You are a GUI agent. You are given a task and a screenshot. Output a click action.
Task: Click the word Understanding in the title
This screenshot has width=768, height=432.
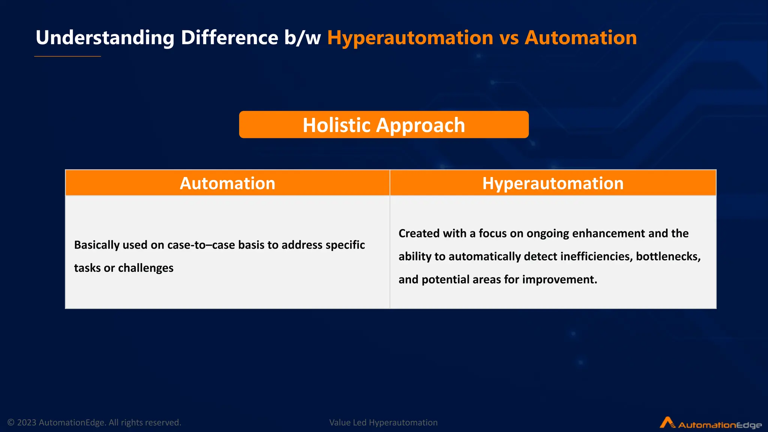105,38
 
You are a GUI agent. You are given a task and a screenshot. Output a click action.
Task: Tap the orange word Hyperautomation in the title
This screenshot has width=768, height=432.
410,38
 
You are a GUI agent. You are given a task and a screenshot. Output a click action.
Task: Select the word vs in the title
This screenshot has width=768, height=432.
509,38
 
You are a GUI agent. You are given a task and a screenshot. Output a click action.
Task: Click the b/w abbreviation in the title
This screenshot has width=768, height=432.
302,38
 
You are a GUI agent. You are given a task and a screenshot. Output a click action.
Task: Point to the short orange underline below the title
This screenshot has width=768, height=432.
67,56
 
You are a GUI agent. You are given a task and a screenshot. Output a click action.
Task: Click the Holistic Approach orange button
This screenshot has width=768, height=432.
384,124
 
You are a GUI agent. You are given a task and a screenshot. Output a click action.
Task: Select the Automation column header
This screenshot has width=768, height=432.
227,183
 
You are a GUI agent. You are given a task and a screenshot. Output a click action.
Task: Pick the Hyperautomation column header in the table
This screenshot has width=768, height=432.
553,183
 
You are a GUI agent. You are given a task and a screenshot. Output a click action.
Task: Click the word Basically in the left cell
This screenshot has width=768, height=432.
97,245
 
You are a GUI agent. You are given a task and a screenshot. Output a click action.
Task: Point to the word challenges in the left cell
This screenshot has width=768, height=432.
145,268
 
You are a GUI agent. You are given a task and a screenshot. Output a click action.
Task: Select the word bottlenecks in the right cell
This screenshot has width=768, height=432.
668,256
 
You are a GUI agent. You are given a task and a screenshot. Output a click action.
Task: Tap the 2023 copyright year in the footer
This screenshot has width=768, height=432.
27,423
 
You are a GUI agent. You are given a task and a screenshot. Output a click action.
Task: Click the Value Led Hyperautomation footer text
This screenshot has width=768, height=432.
383,423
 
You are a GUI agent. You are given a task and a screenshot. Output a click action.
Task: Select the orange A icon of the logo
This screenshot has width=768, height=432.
667,422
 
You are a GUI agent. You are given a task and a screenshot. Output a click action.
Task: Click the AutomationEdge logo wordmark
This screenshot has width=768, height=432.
720,425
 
